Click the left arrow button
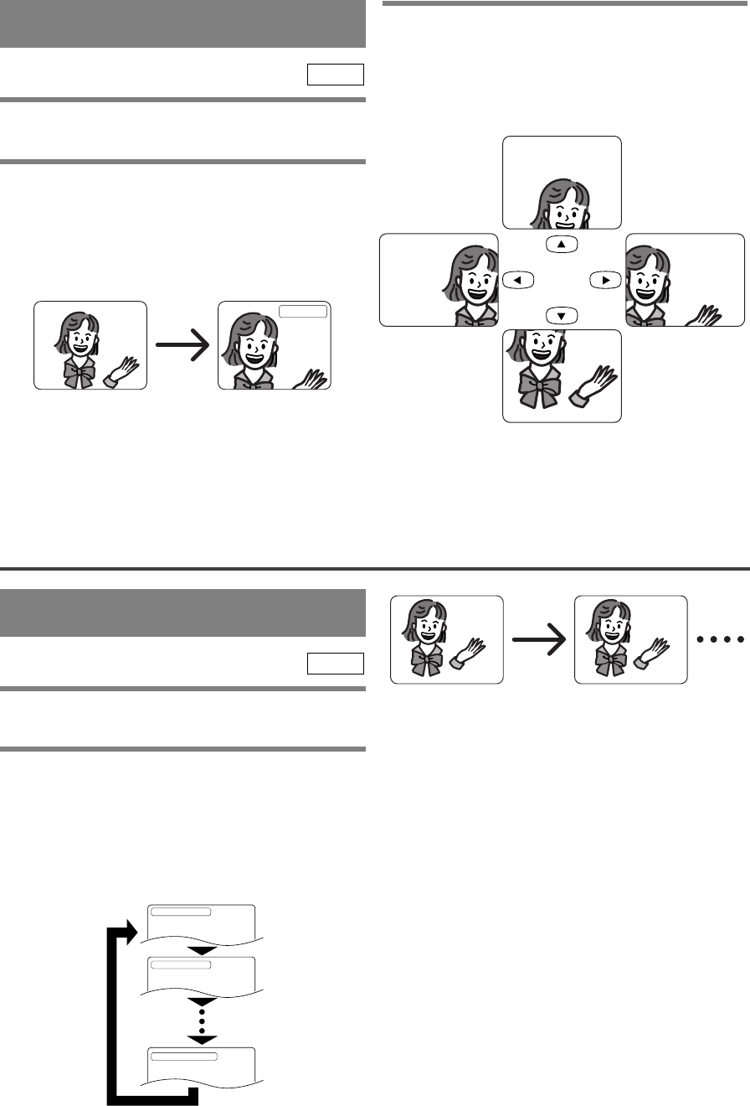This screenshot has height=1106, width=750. tap(517, 280)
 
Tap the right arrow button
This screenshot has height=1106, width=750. tap(604, 280)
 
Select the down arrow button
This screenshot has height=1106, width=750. tap(561, 316)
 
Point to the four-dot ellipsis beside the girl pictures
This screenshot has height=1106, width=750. tap(720, 639)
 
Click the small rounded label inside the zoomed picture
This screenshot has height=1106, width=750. tap(303, 312)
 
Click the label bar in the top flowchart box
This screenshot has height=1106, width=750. tap(181, 912)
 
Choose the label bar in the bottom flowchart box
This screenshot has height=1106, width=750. tap(183, 1055)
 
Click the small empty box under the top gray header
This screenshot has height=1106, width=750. tap(335, 75)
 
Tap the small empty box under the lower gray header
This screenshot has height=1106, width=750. tap(335, 664)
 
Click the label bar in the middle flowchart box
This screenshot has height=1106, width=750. tap(181, 965)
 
